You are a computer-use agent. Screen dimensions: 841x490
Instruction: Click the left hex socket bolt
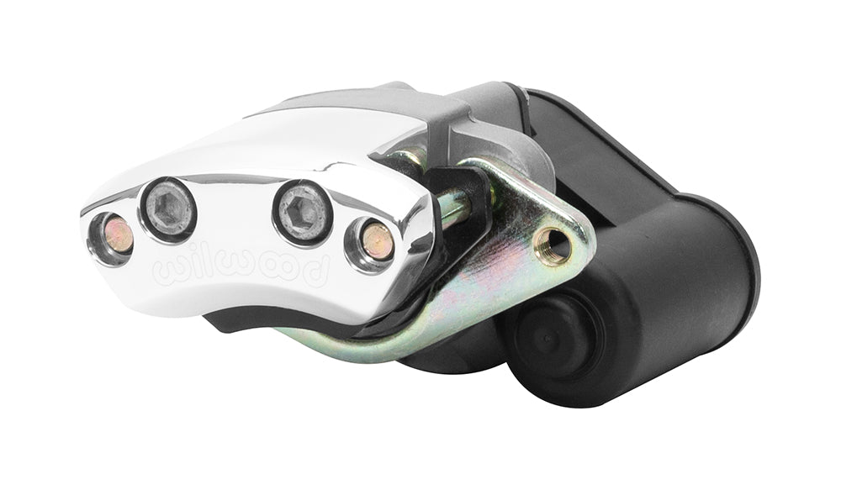(x=167, y=209)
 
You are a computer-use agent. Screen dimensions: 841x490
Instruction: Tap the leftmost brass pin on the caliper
(x=118, y=236)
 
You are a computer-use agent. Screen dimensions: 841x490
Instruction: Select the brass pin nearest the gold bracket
(x=377, y=240)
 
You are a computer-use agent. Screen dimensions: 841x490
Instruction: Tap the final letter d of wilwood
(x=315, y=266)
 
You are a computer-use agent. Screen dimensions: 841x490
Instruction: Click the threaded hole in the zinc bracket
(x=553, y=245)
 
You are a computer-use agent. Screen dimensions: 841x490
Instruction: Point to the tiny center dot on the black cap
(x=546, y=339)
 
